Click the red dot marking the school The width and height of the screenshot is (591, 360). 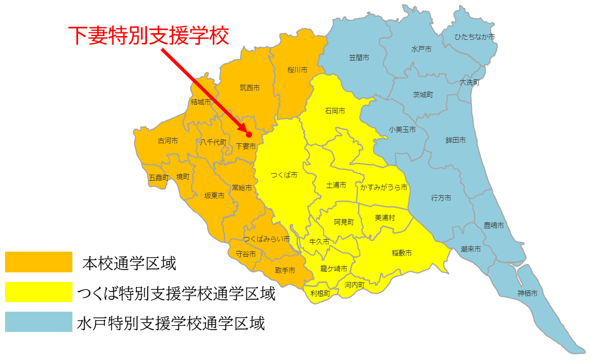click(249, 134)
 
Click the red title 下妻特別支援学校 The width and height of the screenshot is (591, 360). click(149, 35)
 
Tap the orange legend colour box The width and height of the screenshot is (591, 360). click(39, 262)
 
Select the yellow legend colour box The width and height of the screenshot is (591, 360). click(39, 292)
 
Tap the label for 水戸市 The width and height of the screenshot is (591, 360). click(421, 49)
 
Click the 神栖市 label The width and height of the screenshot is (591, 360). click(528, 293)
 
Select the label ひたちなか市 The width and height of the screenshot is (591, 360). click(475, 37)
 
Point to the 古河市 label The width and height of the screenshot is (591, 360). click(168, 141)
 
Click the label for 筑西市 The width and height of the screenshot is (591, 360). click(249, 88)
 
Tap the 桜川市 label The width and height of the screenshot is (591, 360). click(297, 70)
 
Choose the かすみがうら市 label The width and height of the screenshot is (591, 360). click(384, 186)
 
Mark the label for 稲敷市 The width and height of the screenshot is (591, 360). click(401, 253)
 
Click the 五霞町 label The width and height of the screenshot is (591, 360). click(158, 177)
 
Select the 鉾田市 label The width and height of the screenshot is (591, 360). click(455, 140)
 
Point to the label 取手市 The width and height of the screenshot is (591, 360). click(285, 270)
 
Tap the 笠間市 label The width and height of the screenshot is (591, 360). click(359, 58)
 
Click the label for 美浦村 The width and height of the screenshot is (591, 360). click(385, 217)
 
